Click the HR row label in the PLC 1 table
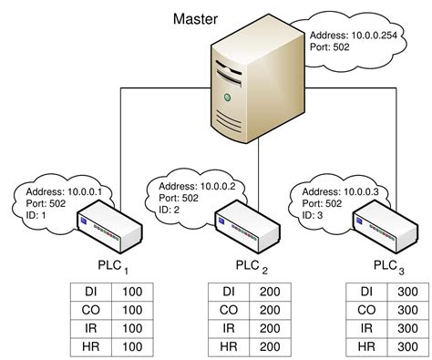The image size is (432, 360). [88, 346]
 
